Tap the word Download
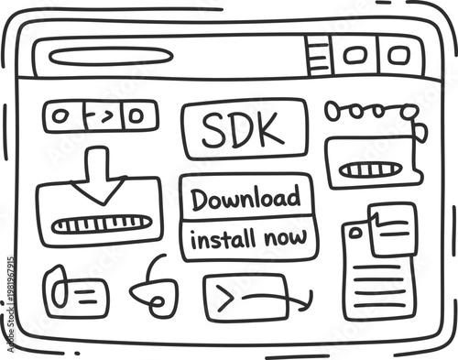click(245, 198)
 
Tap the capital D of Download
click(200, 198)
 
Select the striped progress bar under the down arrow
click(101, 224)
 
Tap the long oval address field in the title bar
click(110, 56)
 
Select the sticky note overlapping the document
click(393, 228)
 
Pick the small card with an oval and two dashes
click(75, 293)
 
